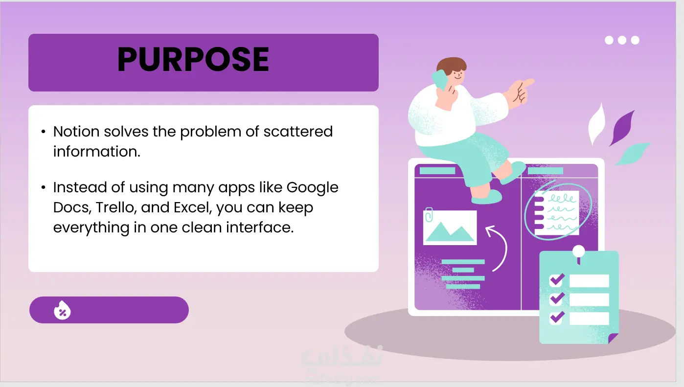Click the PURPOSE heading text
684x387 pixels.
(193, 59)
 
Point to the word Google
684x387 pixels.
(312, 188)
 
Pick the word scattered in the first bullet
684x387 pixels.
(298, 132)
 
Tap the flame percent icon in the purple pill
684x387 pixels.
(62, 310)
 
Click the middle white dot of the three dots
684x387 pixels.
(622, 40)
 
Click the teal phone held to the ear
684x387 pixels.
(440, 80)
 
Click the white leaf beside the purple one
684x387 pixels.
(597, 124)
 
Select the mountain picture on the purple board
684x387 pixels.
(450, 228)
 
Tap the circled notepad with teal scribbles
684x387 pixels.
(557, 213)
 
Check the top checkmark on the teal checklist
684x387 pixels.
(557, 280)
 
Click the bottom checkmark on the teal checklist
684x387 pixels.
(557, 318)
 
